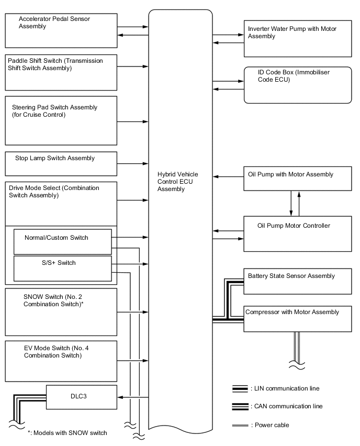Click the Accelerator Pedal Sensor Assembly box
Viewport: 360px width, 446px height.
(61, 30)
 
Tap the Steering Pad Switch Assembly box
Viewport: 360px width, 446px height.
(61, 120)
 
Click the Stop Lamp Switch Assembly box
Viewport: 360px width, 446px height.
(61, 163)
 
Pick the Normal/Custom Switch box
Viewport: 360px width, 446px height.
(62, 241)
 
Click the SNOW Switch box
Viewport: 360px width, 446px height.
(61, 312)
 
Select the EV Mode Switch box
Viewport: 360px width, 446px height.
(61, 361)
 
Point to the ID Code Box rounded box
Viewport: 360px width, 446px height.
(298, 85)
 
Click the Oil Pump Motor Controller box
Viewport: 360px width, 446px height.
(298, 233)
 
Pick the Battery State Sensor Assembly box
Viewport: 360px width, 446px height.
(298, 281)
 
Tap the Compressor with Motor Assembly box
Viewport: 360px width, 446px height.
(298, 318)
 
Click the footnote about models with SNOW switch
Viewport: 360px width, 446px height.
(67, 432)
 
